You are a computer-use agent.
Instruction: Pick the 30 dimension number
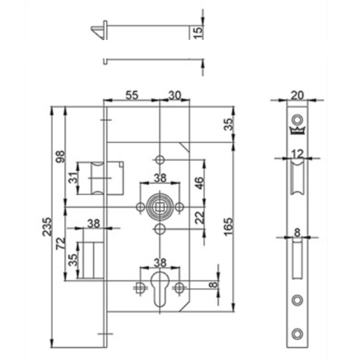pos(175,94)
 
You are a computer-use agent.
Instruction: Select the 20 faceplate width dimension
pos(297,94)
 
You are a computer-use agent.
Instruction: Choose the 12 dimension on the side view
pos(297,154)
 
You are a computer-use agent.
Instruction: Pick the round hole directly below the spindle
pos(160,230)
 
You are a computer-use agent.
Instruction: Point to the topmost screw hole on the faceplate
pos(297,117)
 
